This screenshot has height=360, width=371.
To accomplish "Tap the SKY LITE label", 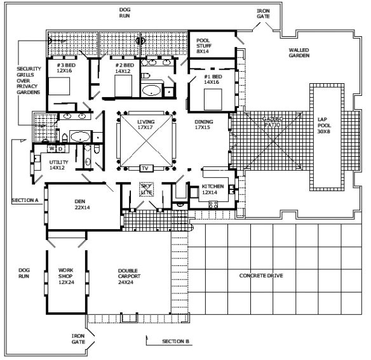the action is pos(147,189).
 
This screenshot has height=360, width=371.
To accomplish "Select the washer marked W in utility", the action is pos(52,149).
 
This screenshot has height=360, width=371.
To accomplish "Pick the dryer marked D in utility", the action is pos(60,149).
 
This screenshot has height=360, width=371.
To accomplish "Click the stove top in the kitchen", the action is pos(213,204).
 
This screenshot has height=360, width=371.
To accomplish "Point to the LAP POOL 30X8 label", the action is pos(324,125).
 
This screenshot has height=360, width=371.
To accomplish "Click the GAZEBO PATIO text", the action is pos(273,121).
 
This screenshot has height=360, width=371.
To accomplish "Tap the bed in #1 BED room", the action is pos(213,99).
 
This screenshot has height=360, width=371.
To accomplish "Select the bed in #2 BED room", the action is pos(123,86).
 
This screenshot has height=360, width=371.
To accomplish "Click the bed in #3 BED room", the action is pos(59,86).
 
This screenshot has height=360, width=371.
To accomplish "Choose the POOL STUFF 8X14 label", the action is pos(204,46).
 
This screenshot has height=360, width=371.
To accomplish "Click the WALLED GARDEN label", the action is pos(299,53).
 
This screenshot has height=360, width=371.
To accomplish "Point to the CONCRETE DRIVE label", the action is pos(261,276).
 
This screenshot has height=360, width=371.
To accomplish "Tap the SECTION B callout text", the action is pos(175,342).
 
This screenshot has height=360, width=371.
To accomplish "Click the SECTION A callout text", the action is pos(25,201).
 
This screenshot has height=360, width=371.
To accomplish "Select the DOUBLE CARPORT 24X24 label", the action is pos(129,276).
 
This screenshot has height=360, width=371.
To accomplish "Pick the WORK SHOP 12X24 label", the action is pos(66,276).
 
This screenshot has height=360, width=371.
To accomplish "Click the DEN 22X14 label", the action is pos(82,204).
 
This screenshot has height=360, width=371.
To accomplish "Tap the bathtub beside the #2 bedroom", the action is pos(151,90).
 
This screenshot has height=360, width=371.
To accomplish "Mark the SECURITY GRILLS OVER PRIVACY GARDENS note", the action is pos(29,81).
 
